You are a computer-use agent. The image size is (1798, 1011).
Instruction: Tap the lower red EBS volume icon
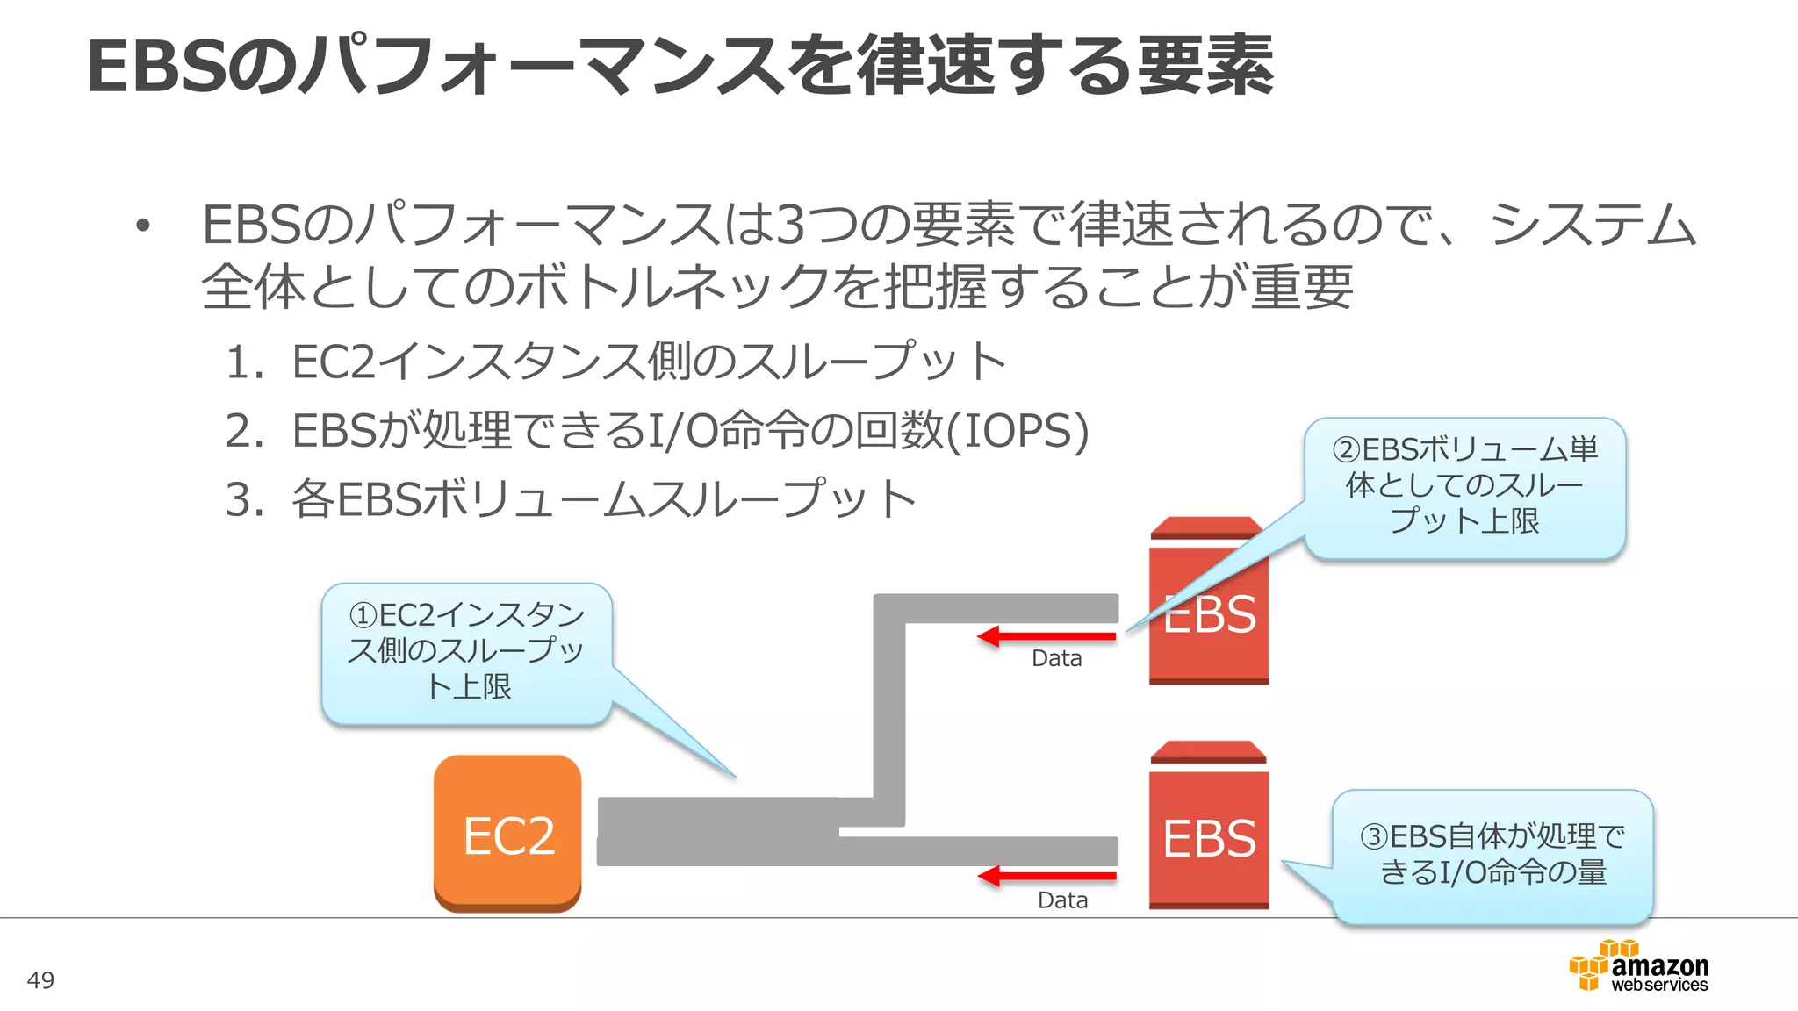pyautogui.click(x=1209, y=829)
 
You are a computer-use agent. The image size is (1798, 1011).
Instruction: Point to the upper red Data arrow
pyautogui.click(x=1046, y=636)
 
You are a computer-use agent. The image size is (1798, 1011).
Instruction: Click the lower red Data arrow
pyautogui.click(x=1046, y=876)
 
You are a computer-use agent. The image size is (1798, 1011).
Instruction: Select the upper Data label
pyautogui.click(x=1056, y=658)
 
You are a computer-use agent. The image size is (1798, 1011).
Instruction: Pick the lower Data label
pyautogui.click(x=1062, y=900)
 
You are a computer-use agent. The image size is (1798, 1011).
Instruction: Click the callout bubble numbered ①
pyautogui.click(x=466, y=652)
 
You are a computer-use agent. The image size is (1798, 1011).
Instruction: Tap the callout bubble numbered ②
pyautogui.click(x=1464, y=487)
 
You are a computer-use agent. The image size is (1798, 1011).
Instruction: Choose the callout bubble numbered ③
pyautogui.click(x=1492, y=856)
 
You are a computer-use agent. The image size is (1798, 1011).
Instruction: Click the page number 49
pyautogui.click(x=40, y=980)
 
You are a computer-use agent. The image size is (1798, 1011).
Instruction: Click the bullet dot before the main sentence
pyautogui.click(x=143, y=227)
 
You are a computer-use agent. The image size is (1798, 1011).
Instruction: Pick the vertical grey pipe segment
pyautogui.click(x=889, y=711)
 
